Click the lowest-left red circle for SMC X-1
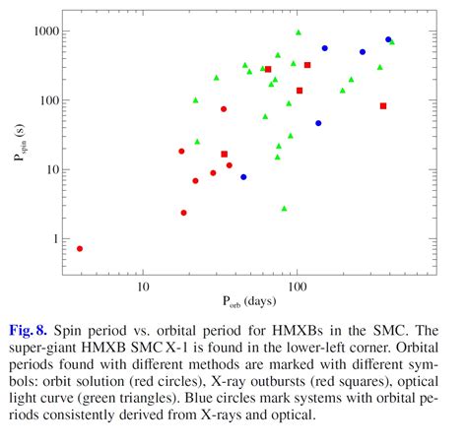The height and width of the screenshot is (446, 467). pos(80,248)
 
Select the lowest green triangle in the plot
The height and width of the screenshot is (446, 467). pos(285,209)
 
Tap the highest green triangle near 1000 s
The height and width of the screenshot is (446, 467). pos(299,32)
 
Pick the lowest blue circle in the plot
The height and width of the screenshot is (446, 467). pos(243,177)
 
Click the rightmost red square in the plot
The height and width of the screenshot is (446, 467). pos(383,106)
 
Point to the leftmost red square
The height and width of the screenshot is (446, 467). pos(225,155)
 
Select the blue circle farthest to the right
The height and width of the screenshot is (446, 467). pos(388,40)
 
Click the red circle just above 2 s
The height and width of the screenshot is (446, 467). pos(183,213)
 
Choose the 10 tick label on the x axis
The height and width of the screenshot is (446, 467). pos(143,287)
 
